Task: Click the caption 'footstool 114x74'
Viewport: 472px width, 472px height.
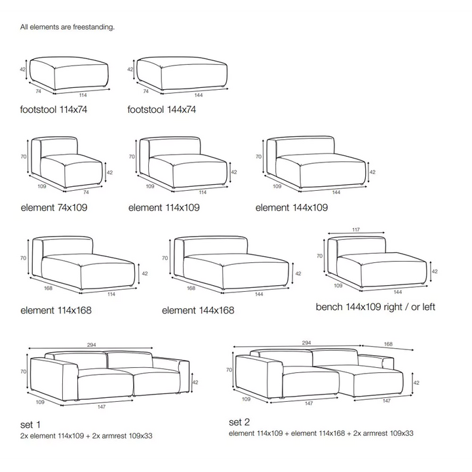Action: point(54,109)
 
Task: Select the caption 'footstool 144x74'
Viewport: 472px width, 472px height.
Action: point(162,109)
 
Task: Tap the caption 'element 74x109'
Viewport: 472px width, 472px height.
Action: point(54,207)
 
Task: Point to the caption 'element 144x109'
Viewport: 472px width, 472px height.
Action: point(291,207)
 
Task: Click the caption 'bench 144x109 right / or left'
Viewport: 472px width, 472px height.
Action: point(376,307)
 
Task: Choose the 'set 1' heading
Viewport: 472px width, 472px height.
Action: point(30,425)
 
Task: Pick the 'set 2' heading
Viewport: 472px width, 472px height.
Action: point(239,422)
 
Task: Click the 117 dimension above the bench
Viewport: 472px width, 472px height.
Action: point(356,229)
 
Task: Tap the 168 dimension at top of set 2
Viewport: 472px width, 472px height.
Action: point(388,344)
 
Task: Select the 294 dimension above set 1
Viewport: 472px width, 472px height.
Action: point(92,345)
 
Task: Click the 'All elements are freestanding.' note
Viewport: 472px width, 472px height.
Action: point(68,27)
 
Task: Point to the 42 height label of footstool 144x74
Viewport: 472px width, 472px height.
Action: point(130,69)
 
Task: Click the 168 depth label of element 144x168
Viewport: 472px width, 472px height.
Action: point(191,288)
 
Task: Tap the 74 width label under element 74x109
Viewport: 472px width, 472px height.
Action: point(86,192)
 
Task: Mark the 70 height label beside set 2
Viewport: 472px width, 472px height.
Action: point(229,370)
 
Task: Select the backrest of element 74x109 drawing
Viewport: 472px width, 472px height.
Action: point(59,147)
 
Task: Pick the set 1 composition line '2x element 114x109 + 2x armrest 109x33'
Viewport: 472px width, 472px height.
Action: point(86,435)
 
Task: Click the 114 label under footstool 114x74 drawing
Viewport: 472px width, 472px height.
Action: point(83,95)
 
